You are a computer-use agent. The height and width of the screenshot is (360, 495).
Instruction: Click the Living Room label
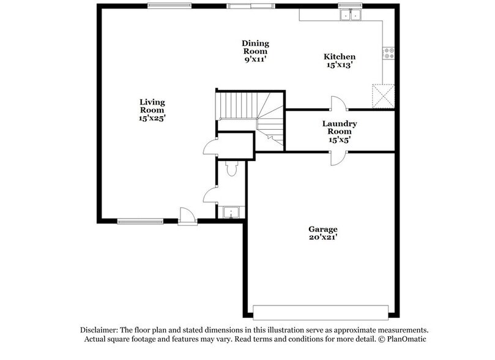click(x=152, y=105)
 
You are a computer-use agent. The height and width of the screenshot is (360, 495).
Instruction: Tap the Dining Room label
click(x=255, y=47)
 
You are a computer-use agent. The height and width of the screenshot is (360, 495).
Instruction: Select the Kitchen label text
click(x=339, y=57)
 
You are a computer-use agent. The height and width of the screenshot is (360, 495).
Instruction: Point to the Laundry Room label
click(x=340, y=127)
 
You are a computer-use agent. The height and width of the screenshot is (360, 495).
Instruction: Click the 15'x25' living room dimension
click(x=152, y=118)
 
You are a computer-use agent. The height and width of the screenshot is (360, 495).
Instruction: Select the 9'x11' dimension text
click(x=255, y=59)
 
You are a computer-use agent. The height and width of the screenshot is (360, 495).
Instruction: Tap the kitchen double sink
click(x=351, y=14)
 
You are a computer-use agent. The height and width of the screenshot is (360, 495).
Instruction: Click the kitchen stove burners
click(x=388, y=53)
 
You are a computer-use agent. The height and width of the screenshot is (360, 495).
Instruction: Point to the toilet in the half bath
click(x=231, y=169)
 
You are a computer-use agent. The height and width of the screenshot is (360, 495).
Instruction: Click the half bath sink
click(x=231, y=212)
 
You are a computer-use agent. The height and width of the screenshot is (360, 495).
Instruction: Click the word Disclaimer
click(x=100, y=329)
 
